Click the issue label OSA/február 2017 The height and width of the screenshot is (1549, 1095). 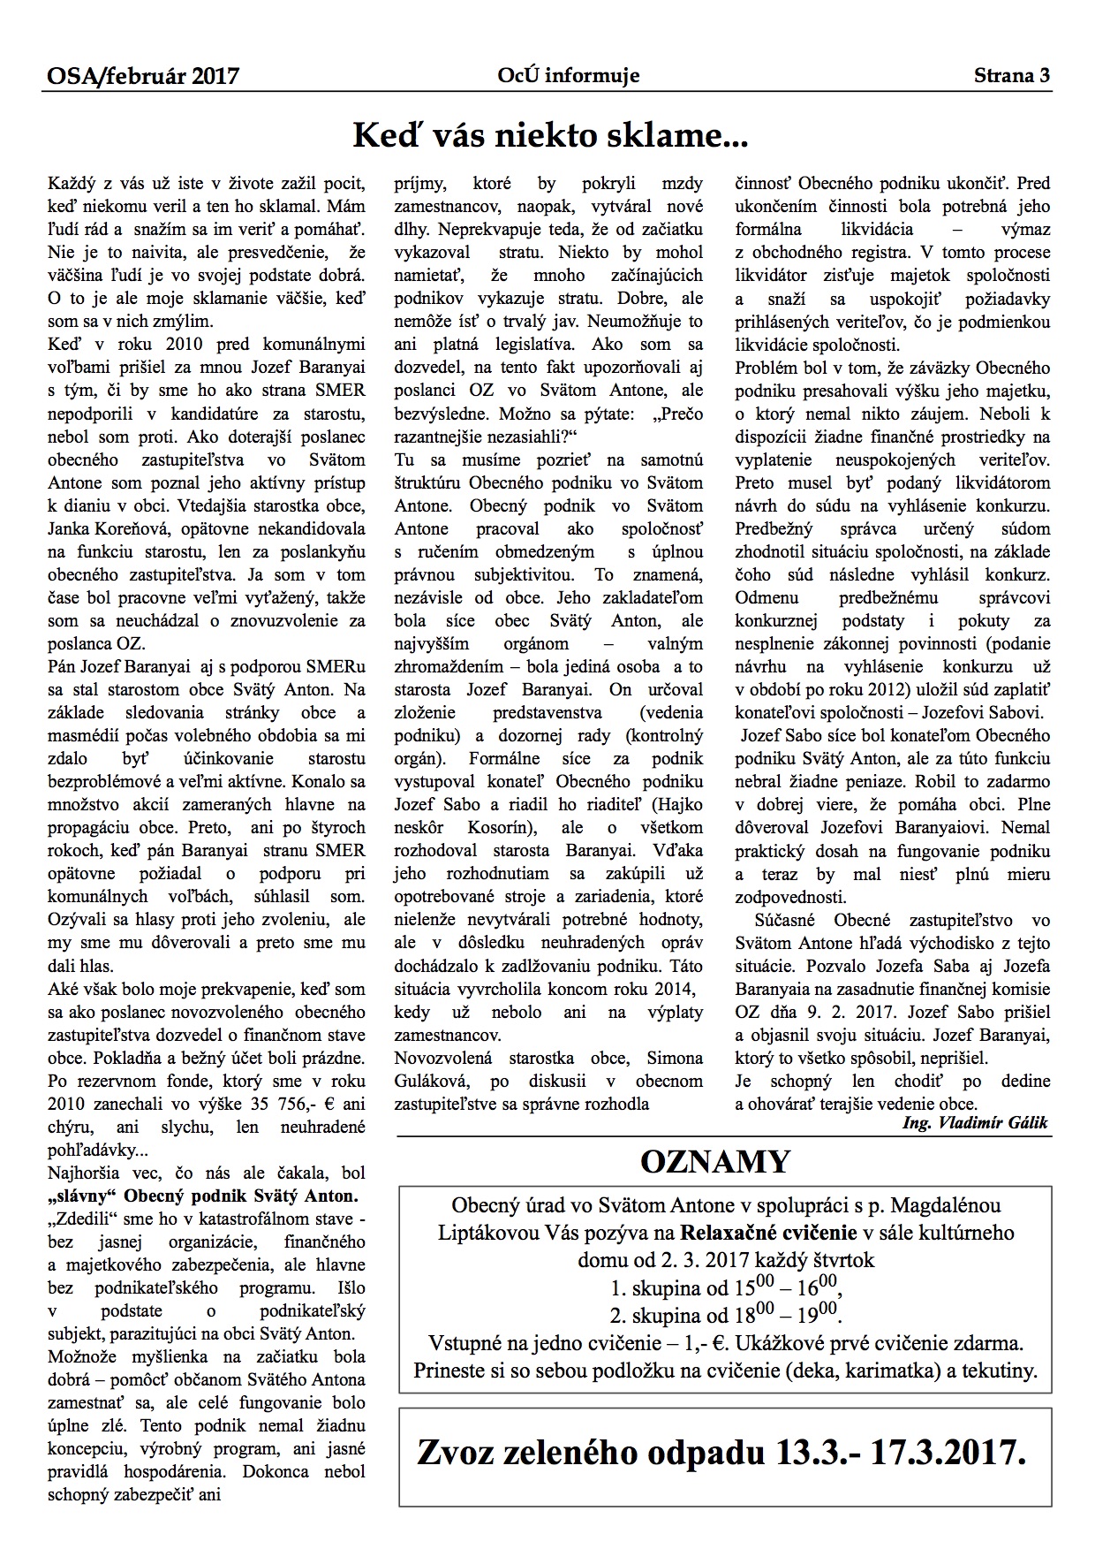click(143, 77)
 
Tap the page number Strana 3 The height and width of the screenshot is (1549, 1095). click(1012, 77)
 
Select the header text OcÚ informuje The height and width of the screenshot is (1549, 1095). click(568, 77)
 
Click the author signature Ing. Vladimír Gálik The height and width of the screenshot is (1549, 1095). click(975, 1123)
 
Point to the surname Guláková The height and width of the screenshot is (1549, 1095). click(437, 1081)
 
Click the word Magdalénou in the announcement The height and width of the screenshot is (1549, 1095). click(946, 1206)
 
